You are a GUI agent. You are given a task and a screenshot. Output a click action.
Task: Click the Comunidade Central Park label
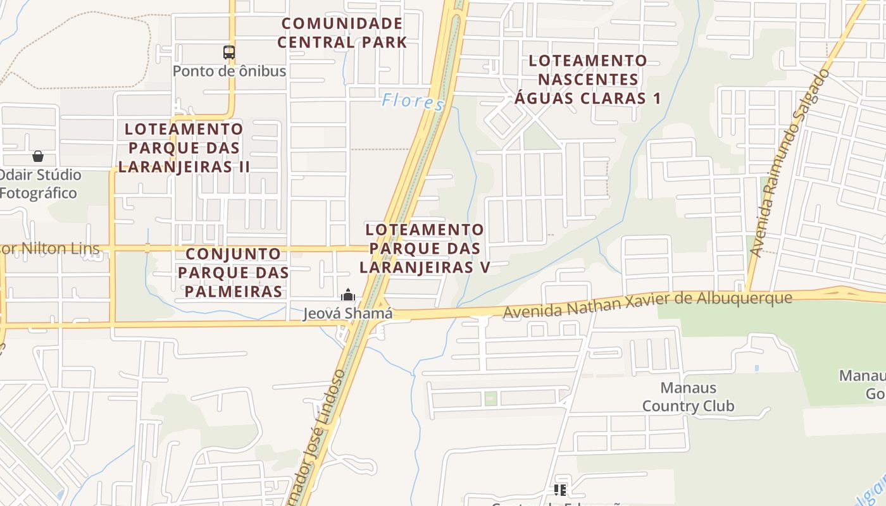click(342, 33)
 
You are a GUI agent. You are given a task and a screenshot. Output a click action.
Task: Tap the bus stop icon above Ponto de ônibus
click(229, 52)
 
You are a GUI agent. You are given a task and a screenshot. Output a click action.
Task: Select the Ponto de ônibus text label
click(229, 71)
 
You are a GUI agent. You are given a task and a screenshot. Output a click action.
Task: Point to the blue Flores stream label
click(413, 101)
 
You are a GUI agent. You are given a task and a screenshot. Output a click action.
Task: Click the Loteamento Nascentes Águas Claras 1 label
click(587, 79)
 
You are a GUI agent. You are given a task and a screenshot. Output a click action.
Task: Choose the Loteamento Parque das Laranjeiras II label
click(184, 147)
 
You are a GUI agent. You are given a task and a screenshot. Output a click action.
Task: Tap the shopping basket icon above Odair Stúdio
click(38, 156)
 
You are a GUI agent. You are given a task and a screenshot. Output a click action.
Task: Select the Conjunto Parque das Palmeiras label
click(233, 273)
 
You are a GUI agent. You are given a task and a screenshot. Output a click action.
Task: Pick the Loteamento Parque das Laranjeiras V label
click(425, 248)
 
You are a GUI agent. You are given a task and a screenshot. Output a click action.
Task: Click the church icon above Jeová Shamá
click(347, 295)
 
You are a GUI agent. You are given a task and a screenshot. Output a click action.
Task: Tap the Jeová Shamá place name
click(347, 313)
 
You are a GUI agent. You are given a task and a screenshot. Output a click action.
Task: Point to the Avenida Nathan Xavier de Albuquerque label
click(647, 304)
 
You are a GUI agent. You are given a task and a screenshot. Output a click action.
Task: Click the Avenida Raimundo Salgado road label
click(789, 163)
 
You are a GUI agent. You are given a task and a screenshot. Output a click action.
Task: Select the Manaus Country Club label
click(688, 397)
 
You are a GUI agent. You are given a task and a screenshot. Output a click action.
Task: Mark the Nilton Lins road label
click(50, 249)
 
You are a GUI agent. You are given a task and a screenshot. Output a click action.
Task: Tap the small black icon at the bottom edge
click(559, 490)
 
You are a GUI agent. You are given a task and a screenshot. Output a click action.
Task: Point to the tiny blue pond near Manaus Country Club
click(757, 368)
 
